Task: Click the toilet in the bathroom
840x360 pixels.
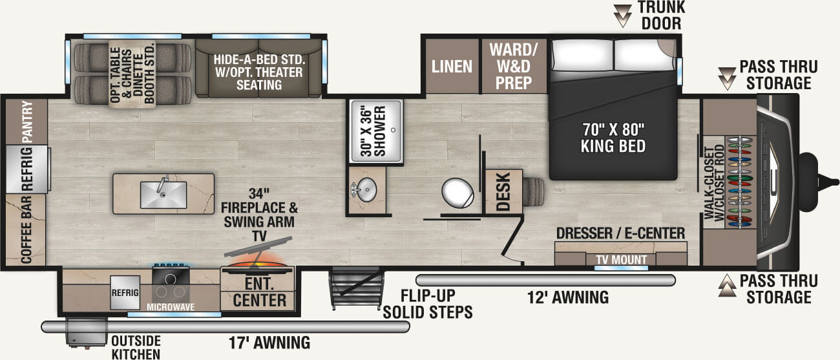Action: (458, 192)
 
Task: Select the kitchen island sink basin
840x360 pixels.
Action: (163, 194)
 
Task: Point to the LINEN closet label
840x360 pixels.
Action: (452, 67)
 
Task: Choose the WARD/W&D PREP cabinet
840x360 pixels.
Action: (510, 66)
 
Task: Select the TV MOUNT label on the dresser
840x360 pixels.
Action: (620, 260)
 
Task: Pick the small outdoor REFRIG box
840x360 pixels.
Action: (125, 292)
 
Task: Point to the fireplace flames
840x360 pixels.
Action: (258, 264)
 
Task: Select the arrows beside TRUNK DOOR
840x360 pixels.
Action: (623, 14)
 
